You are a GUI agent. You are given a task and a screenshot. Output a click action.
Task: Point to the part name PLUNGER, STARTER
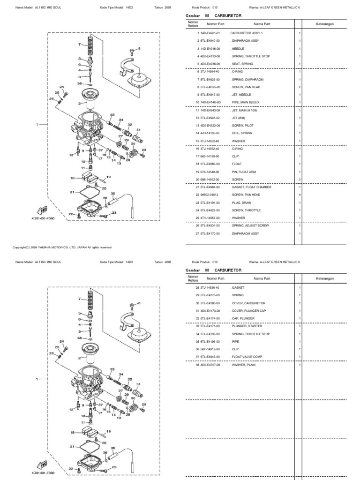(x=243, y=326)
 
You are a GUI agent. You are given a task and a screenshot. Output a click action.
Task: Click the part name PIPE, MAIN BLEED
(x=242, y=102)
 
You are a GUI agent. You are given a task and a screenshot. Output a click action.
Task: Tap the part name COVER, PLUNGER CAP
(x=245, y=310)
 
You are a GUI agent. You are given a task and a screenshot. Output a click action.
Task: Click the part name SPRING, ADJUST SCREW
(x=246, y=225)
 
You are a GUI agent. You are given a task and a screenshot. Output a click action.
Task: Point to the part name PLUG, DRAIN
(x=240, y=202)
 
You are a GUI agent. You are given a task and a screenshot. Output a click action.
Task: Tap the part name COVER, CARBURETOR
(x=244, y=303)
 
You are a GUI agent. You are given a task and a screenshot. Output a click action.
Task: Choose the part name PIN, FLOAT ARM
(x=241, y=172)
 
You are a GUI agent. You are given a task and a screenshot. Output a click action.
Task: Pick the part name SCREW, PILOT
(x=240, y=126)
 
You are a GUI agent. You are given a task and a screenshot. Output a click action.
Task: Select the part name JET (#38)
(x=237, y=118)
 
